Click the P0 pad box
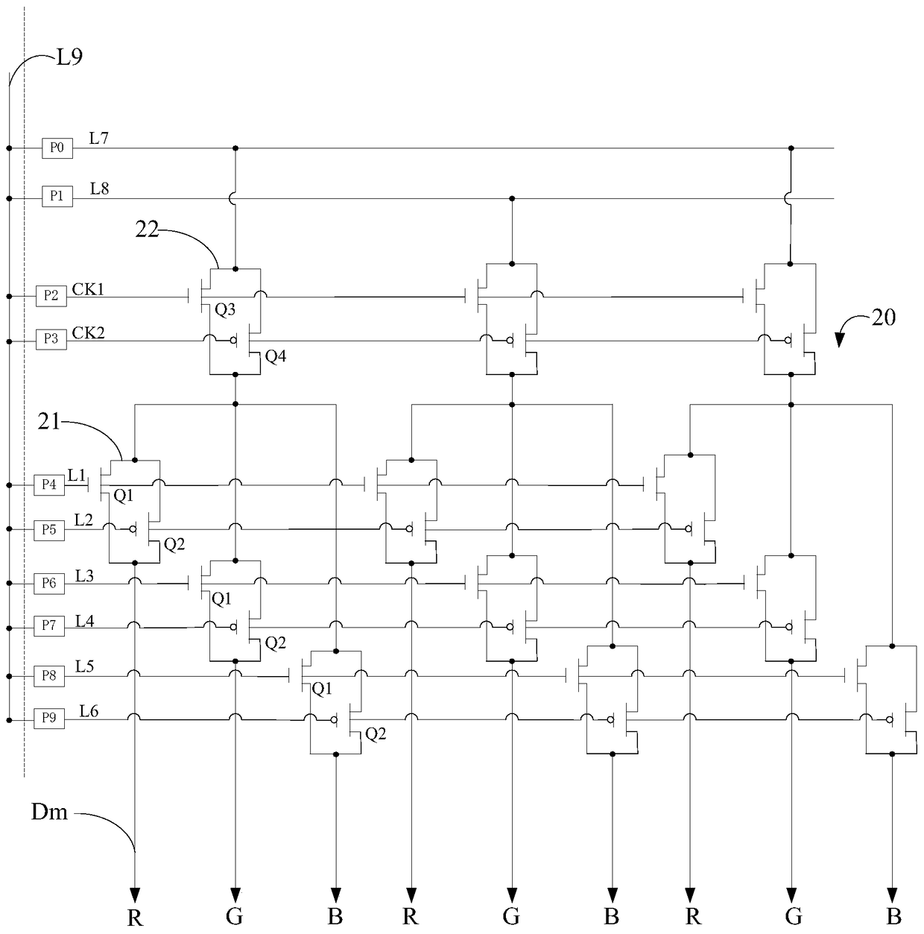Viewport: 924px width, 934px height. (57, 148)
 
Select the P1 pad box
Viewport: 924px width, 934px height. (57, 196)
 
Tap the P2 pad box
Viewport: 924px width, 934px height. (51, 296)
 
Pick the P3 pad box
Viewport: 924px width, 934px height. (51, 339)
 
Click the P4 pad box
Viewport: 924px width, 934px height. (49, 485)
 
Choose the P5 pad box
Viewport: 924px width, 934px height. (49, 530)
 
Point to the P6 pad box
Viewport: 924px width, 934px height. (49, 584)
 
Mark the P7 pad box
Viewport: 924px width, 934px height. (49, 625)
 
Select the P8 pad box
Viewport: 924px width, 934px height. (49, 676)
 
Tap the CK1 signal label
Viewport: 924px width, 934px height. (88, 289)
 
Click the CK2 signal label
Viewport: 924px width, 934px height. (88, 333)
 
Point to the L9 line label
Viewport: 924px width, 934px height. (70, 57)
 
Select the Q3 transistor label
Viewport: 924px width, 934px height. (225, 310)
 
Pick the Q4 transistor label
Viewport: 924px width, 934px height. (275, 357)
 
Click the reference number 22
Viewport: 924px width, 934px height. (147, 230)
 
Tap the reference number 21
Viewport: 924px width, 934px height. (49, 422)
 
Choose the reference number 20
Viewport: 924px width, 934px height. (883, 318)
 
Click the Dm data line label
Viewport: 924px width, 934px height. (49, 812)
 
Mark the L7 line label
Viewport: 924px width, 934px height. (99, 138)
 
